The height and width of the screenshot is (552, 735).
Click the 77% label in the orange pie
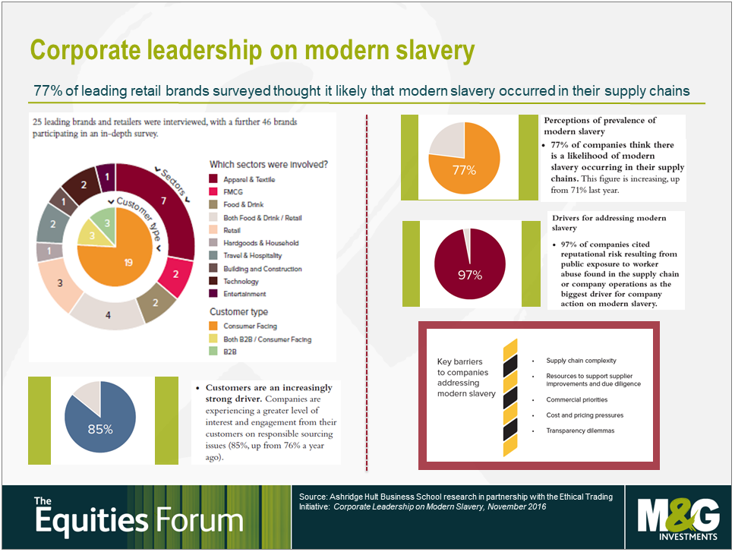click(464, 170)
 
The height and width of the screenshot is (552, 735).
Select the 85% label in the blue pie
click(99, 429)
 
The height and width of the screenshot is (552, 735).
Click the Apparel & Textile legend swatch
click(214, 180)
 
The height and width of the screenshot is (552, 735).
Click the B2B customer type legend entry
click(229, 352)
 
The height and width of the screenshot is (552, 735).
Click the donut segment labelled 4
click(108, 314)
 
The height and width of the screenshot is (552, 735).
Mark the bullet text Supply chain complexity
click(581, 361)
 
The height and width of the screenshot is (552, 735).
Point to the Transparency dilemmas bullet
click(582, 431)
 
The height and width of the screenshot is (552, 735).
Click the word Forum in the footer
click(200, 522)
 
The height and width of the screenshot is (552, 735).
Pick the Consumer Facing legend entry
click(250, 326)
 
